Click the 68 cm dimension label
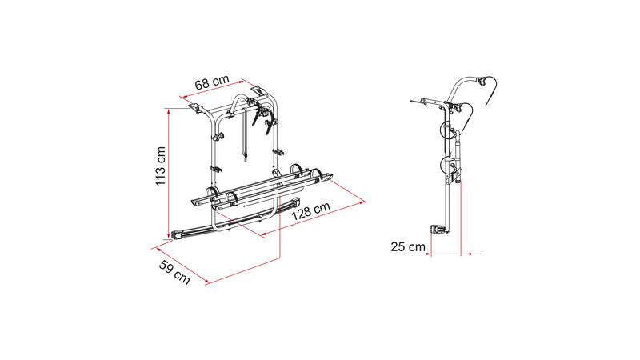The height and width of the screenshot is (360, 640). [212, 82]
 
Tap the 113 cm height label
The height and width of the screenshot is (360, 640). [161, 166]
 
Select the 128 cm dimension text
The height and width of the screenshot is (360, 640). [310, 211]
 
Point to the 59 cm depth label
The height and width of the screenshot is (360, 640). [174, 272]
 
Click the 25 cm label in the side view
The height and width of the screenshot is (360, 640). [408, 246]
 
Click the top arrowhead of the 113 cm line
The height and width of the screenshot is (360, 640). [168, 111]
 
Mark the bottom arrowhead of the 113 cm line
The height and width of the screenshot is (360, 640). [168, 235]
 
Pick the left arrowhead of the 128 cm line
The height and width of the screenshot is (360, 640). [264, 234]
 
